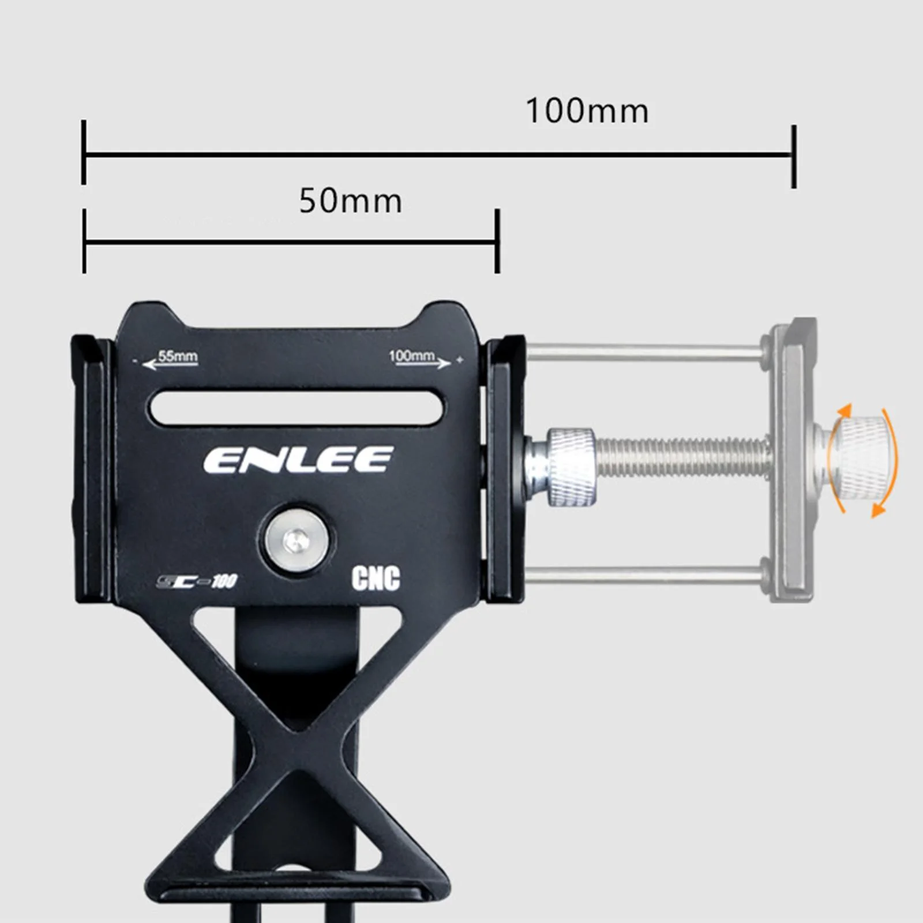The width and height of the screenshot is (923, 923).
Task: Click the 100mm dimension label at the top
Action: pyautogui.click(x=587, y=111)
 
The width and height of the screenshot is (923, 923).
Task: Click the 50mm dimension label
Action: pyautogui.click(x=350, y=201)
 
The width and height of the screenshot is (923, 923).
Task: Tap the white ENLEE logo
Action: pyautogui.click(x=298, y=460)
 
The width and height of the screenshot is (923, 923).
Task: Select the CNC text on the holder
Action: pyautogui.click(x=376, y=579)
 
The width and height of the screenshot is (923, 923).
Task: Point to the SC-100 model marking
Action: pyautogui.click(x=197, y=581)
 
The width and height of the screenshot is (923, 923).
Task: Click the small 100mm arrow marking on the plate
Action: pyautogui.click(x=419, y=359)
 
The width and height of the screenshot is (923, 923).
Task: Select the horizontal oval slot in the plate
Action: pyautogui.click(x=297, y=408)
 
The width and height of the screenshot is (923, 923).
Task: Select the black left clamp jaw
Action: pyautogui.click(x=92, y=468)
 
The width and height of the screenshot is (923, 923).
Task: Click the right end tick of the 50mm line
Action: pyautogui.click(x=497, y=241)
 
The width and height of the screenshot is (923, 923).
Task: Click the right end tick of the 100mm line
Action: pyautogui.click(x=794, y=156)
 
